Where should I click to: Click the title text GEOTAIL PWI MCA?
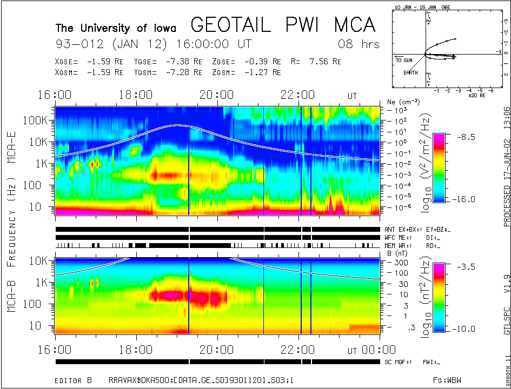(282, 25)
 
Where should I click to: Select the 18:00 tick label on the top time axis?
(136, 96)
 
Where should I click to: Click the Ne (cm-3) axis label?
(400, 102)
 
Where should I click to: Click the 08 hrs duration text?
(359, 44)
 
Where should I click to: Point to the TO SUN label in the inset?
(403, 60)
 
